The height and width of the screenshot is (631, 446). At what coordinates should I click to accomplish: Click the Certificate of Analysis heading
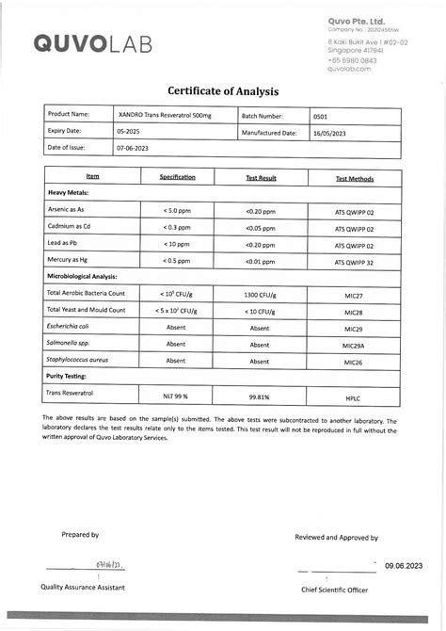[223, 91]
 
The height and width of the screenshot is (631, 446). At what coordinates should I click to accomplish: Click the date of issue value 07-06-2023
[133, 148]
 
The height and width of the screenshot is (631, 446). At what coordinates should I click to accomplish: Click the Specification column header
[177, 177]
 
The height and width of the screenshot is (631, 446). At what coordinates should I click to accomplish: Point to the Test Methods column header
[354, 178]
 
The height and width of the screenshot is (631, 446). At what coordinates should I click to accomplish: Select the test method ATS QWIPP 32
[354, 261]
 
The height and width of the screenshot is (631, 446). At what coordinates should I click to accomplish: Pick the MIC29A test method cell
[354, 345]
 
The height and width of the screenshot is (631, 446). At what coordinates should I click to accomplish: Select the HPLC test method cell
[354, 397]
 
